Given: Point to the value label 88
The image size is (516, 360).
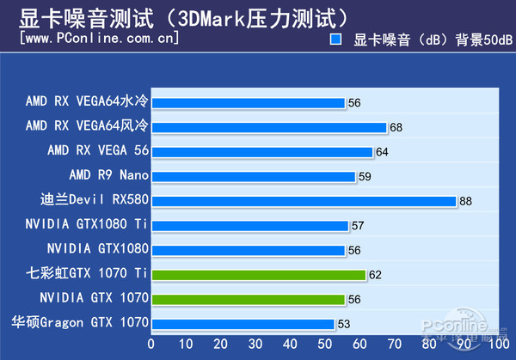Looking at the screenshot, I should (x=466, y=202).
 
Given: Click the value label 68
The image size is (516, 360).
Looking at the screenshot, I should (x=396, y=128).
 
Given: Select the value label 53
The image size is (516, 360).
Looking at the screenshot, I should (x=344, y=325).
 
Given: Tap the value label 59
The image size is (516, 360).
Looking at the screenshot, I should (x=365, y=177).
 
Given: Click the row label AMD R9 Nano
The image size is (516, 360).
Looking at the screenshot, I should (x=108, y=175).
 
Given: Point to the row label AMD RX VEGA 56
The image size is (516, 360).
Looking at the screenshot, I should (x=98, y=150).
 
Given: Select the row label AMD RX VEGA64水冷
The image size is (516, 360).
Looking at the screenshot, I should (x=87, y=101).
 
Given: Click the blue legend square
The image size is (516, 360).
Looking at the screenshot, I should (x=337, y=40).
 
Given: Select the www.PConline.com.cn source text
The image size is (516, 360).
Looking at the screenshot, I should (x=99, y=38).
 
